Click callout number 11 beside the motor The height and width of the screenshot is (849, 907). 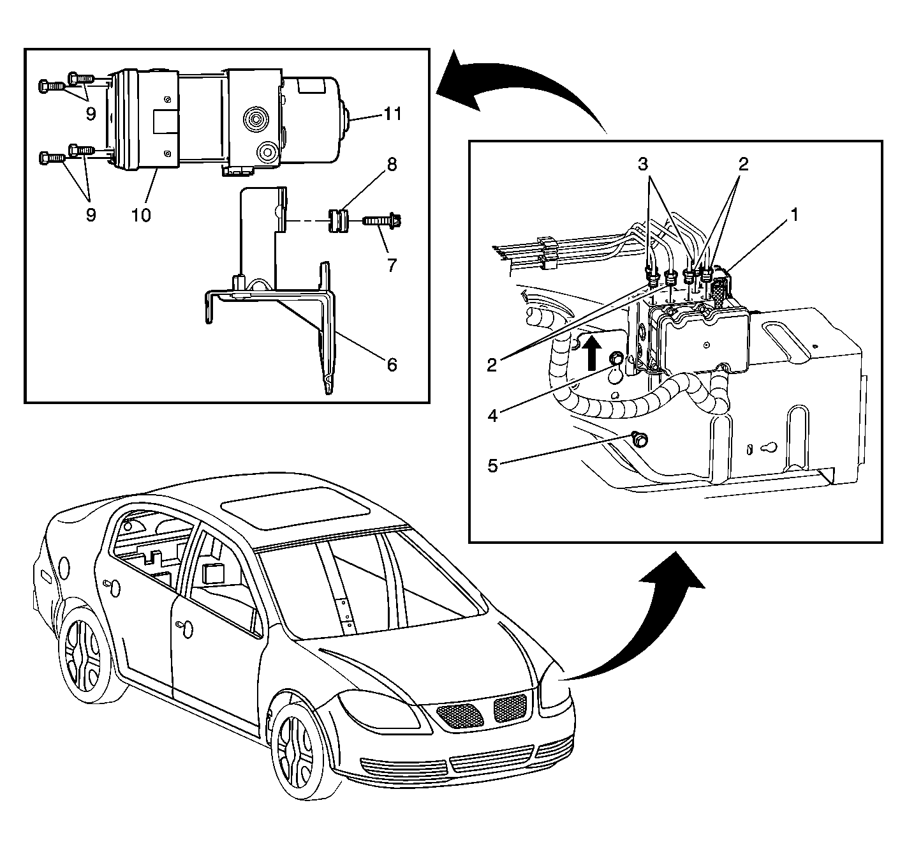[x=392, y=114]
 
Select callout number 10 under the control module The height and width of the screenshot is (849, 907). [x=141, y=215]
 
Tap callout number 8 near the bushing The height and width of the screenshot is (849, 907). [x=392, y=165]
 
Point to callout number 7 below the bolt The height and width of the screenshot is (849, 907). [x=392, y=265]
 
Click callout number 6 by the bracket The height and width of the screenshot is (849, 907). [x=392, y=365]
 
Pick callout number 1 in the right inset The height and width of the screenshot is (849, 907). [x=795, y=214]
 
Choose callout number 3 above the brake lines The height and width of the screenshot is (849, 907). [x=643, y=164]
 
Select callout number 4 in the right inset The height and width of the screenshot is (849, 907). [x=492, y=416]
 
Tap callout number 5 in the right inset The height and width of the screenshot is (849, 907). [x=492, y=466]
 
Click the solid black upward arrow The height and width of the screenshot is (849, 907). [x=591, y=352]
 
